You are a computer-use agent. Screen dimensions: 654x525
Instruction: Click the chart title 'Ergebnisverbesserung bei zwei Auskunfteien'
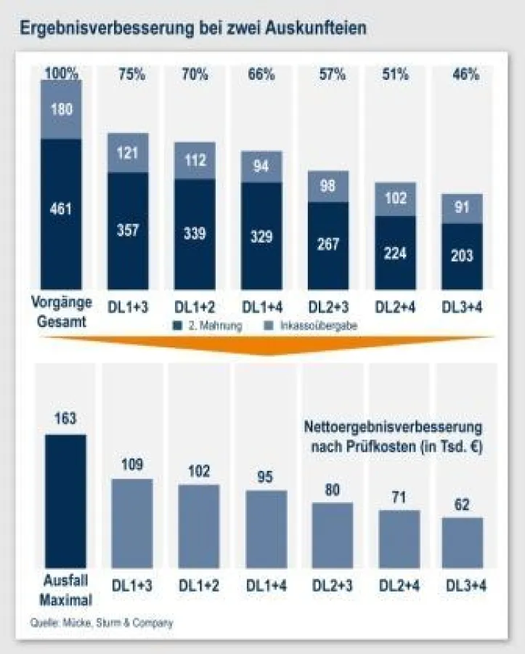[192, 28]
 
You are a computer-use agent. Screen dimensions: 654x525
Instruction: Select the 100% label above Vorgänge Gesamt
[61, 73]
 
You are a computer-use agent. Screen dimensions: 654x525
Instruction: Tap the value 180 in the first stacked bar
[61, 109]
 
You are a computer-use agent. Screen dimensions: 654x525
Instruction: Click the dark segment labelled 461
[61, 211]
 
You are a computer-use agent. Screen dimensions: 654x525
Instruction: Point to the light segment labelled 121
[128, 153]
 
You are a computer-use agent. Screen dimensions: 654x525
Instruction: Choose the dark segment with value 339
[195, 234]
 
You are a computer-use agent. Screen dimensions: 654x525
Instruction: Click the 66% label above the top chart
[261, 73]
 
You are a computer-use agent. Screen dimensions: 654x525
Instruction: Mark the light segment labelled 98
[328, 186]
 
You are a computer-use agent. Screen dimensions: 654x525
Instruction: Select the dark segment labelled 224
[395, 252]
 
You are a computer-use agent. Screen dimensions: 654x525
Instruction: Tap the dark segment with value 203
[462, 255]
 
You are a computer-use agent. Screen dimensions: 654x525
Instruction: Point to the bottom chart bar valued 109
[132, 523]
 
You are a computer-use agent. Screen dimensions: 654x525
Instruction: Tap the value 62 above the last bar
[462, 504]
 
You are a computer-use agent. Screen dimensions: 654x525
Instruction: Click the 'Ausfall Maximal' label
[65, 592]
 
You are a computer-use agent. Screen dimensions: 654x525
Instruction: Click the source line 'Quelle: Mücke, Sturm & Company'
[102, 623]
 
